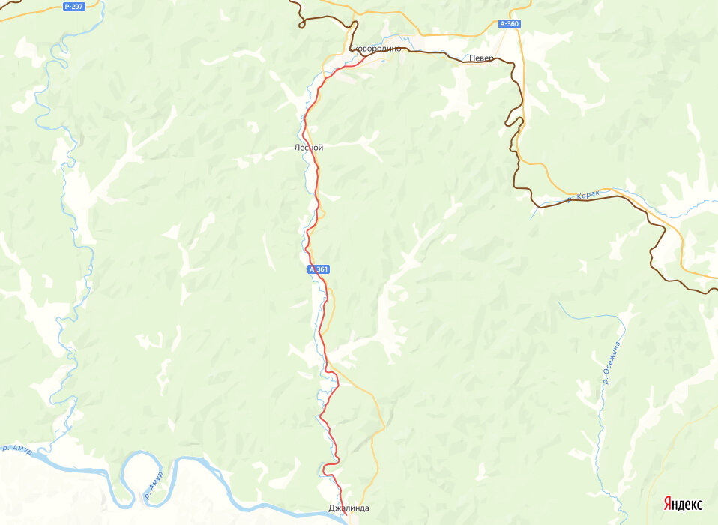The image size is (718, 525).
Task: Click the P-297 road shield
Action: point(73,7)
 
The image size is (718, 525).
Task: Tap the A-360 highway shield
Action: point(508,24)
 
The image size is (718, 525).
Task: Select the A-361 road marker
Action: point(319,269)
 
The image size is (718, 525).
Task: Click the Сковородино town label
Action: point(375,49)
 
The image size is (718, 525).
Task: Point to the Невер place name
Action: point(482,57)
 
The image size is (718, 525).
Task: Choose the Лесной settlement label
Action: point(308,148)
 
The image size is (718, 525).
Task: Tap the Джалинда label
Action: point(349,508)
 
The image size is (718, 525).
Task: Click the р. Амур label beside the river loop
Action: point(153,487)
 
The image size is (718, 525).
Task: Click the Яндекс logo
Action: point(682,504)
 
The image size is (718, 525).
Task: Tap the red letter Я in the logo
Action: point(666,504)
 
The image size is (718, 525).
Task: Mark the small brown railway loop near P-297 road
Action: point(301,24)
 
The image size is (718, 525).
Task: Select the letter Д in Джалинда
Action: point(332,508)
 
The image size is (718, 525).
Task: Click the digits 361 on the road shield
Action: point(322,269)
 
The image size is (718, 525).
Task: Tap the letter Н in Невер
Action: point(473,57)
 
